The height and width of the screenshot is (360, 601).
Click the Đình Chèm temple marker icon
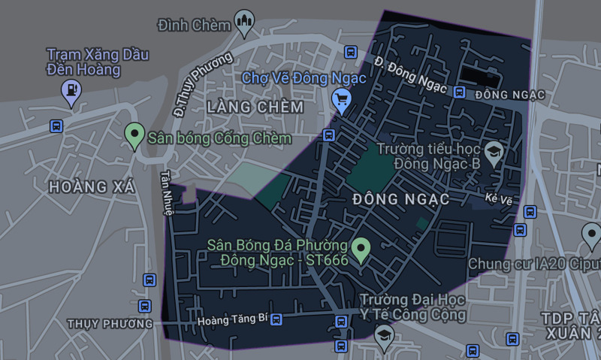coord(244,22)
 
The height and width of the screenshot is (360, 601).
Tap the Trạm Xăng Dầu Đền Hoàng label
coord(98,62)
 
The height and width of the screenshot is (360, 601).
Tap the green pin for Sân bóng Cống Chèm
coord(134,135)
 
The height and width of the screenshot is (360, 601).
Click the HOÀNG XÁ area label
coord(92,187)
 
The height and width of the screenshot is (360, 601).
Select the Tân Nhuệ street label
coord(167,192)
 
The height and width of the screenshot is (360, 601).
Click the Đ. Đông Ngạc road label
coord(406,74)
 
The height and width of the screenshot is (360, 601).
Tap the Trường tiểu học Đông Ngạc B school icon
coord(494,153)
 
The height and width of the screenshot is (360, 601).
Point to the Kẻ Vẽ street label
coord(498,198)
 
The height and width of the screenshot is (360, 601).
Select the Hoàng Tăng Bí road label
coord(232,319)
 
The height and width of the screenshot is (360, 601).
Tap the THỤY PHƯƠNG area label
coord(109,323)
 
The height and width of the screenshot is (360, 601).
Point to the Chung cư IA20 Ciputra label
coord(533,264)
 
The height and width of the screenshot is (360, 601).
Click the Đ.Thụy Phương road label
coord(191,85)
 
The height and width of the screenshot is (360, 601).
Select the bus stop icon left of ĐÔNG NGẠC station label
coord(459,92)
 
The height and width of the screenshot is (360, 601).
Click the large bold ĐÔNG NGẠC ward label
coord(400,199)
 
